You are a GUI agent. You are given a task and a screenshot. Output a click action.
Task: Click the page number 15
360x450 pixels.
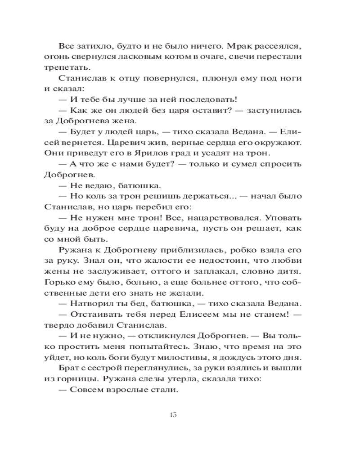click(x=173, y=414)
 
